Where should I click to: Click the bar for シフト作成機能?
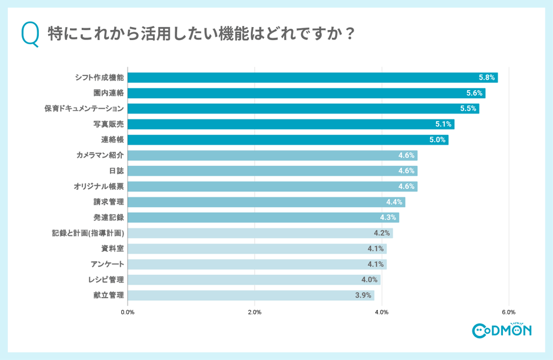pyautogui.click(x=312, y=78)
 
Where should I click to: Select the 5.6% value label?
pyautogui.click(x=474, y=93)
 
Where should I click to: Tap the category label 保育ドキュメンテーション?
pyautogui.click(x=84, y=109)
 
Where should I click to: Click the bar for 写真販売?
pyautogui.click(x=291, y=124)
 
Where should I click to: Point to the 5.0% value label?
pyautogui.click(x=437, y=140)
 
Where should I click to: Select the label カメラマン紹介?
pyautogui.click(x=100, y=155)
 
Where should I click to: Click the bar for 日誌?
pyautogui.click(x=272, y=171)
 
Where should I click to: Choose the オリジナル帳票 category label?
pyautogui.click(x=99, y=186)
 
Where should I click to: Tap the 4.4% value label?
pyautogui.click(x=394, y=202)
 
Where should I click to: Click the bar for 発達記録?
pyautogui.click(x=263, y=218)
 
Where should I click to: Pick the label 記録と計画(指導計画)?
pyautogui.click(x=88, y=233)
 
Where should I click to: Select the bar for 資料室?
pyautogui.click(x=256, y=249)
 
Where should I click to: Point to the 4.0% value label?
pyautogui.click(x=369, y=280)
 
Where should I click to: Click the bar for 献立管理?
pyautogui.click(x=251, y=295)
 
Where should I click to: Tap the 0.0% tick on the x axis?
pyautogui.click(x=128, y=312)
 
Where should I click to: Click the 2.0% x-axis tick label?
pyautogui.click(x=255, y=312)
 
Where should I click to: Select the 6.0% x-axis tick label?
pyautogui.click(x=509, y=312)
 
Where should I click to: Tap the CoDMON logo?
pyautogui.click(x=501, y=330)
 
